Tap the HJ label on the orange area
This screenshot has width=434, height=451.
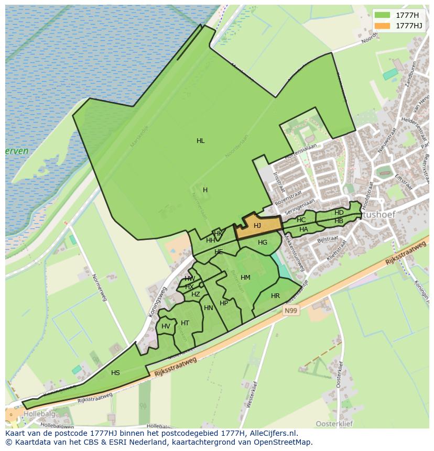tap(257, 226)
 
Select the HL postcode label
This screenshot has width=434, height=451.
tap(200, 141)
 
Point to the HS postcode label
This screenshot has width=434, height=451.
tap(115, 373)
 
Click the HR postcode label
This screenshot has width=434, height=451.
tap(275, 296)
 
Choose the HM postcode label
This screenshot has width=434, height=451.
tap(245, 278)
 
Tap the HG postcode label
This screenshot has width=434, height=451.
tap(263, 243)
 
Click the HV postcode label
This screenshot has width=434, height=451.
tap(166, 326)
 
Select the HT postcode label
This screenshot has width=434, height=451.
tap(185, 323)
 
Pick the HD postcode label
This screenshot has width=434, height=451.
tap(339, 213)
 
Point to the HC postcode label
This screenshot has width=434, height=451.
tap(301, 220)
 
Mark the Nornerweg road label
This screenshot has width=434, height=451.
tap(100, 287)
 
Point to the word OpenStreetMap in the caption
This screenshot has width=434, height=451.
tap(283, 442)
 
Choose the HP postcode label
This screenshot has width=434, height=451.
tap(224, 303)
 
